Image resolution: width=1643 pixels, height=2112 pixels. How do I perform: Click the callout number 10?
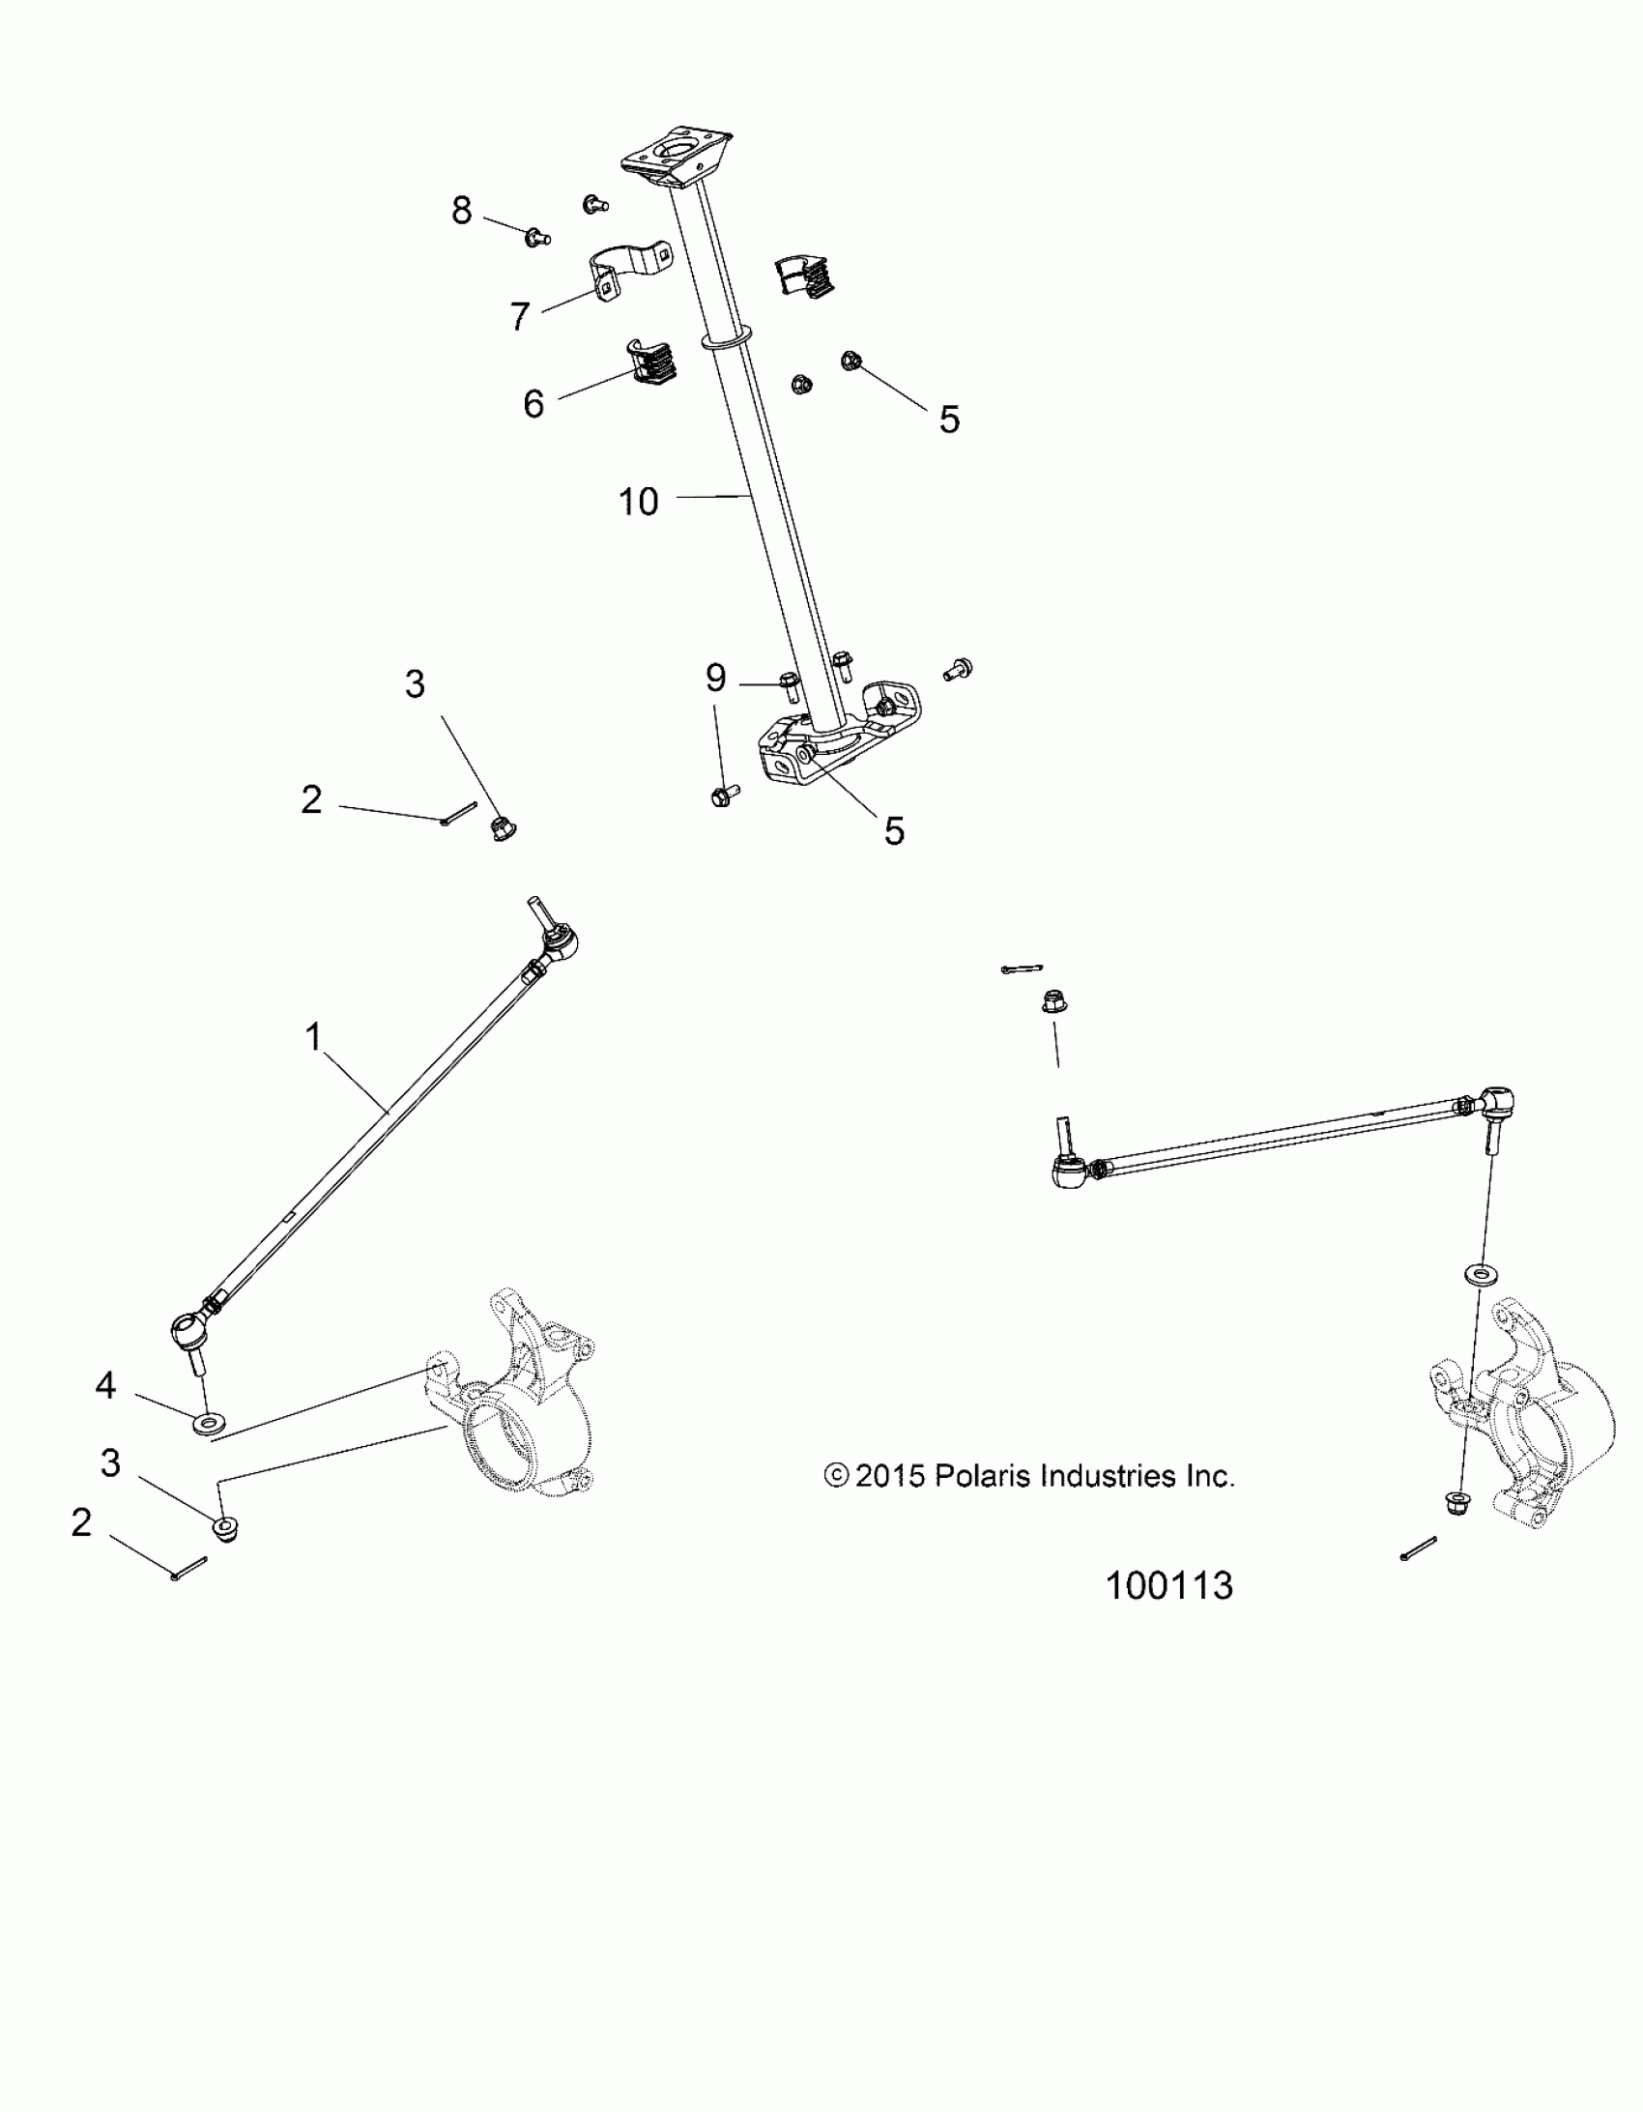(x=638, y=502)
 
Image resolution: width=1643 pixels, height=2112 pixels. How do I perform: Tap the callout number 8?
(x=462, y=210)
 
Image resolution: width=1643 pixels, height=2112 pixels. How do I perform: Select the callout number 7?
(x=520, y=315)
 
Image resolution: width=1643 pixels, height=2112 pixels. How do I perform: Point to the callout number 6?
(x=533, y=403)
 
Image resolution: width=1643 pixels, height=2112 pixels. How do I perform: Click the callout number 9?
(x=715, y=678)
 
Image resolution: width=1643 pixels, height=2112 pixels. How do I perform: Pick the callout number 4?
(x=105, y=1386)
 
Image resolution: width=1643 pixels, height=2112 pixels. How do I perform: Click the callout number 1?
(x=312, y=1037)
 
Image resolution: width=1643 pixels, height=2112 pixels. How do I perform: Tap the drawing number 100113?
(x=1169, y=1586)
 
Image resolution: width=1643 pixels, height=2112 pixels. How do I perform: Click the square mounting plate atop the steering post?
(x=675, y=158)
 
